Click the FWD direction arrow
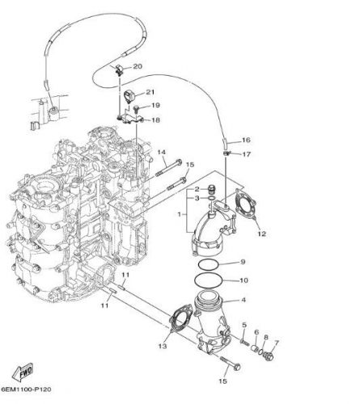tap(23, 372)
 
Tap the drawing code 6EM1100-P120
tap(26, 389)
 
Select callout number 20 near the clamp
tap(138, 66)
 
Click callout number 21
tap(150, 92)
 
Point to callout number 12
tap(261, 234)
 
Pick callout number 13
tap(163, 346)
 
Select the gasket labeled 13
tap(180, 317)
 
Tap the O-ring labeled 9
tap(208, 264)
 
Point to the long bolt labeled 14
tap(169, 168)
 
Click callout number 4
tap(244, 300)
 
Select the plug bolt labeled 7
tap(269, 357)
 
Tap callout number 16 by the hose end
tap(246, 140)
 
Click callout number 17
tap(247, 154)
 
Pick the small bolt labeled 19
tap(136, 108)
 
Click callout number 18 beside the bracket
tap(155, 120)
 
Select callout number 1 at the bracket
tap(180, 215)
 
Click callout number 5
tap(244, 325)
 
